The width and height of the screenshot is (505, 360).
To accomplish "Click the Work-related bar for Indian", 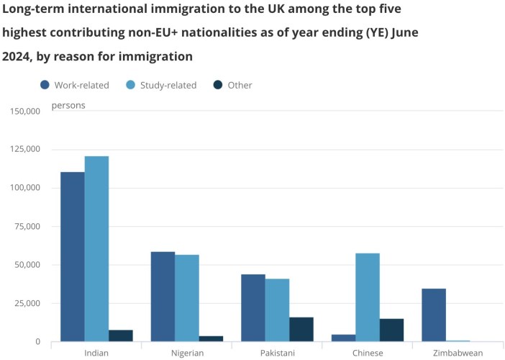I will coord(73,256).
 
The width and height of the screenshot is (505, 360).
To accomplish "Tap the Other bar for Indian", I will coord(121,336).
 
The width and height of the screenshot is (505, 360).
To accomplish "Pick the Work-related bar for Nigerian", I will coord(163,297).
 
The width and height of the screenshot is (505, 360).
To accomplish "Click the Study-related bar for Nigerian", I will coord(187,298).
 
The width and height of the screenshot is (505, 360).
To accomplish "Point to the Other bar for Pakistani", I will coord(301,329).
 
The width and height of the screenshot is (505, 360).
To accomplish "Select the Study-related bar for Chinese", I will coord(368,297).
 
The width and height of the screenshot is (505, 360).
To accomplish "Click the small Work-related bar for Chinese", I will coord(343,338).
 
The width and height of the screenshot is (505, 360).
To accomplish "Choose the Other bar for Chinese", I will coord(391,330).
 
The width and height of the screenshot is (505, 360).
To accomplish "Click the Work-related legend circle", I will coord(45,85).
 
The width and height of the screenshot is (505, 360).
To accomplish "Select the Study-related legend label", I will coord(168,85).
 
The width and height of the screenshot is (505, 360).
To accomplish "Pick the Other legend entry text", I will coord(240,85).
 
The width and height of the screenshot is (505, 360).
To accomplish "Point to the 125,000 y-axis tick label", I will coord(26,150).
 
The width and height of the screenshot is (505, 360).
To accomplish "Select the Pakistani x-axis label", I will coord(277,353).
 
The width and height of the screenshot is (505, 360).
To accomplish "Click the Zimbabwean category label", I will coord(458,353).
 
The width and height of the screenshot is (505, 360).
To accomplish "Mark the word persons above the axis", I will coord(68,106).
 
